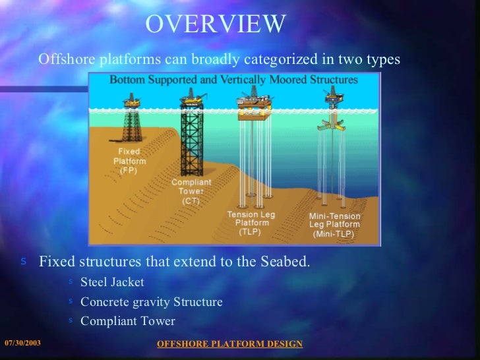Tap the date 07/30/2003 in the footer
22,343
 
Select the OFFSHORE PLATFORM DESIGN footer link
230,344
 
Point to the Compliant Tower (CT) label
191,191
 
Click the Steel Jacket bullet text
112,282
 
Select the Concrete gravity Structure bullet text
151,302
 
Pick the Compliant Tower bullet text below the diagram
128,321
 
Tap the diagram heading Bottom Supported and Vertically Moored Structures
233,80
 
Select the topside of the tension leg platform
252,104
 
